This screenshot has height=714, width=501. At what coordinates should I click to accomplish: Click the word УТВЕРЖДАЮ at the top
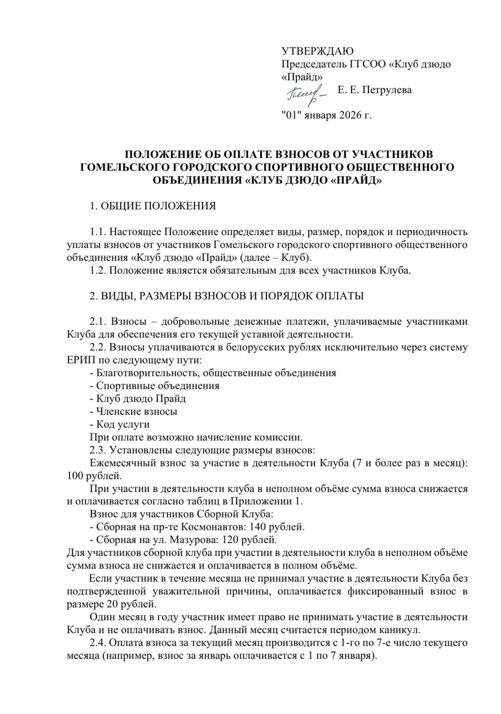(317, 51)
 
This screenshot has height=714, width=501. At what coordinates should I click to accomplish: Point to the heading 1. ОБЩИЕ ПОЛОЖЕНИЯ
(153, 206)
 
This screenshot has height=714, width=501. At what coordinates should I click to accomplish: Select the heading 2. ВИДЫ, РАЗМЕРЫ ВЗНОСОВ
(227, 296)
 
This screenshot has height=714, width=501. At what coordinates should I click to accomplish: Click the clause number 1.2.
(98, 271)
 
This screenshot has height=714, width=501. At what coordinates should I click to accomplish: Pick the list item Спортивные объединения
(157, 386)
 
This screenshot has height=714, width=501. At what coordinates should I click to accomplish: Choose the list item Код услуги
(123, 425)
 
